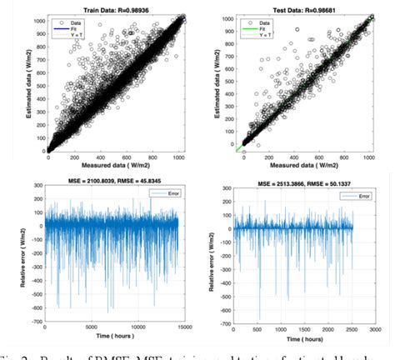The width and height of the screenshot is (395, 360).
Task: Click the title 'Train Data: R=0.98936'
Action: tap(109, 6)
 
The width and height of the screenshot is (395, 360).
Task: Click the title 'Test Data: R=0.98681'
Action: tap(297, 6)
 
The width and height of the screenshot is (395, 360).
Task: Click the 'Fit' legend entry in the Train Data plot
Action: tap(77, 27)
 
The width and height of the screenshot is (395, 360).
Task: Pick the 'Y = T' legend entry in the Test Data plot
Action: tap(266, 33)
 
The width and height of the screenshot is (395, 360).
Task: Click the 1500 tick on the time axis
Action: tap(303, 322)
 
